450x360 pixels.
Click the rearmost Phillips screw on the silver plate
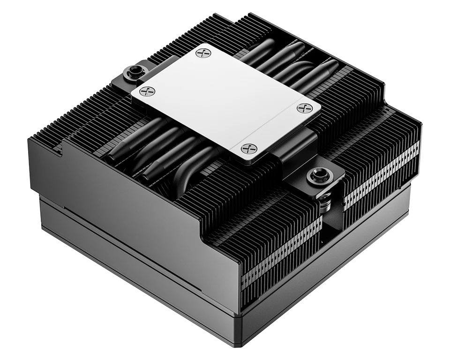coord(203,53)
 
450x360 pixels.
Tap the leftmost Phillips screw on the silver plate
coord(147,91)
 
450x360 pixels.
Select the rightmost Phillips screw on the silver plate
coord(304,108)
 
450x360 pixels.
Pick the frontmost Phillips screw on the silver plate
coord(249,149)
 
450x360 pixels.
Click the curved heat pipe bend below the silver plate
coord(187,176)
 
